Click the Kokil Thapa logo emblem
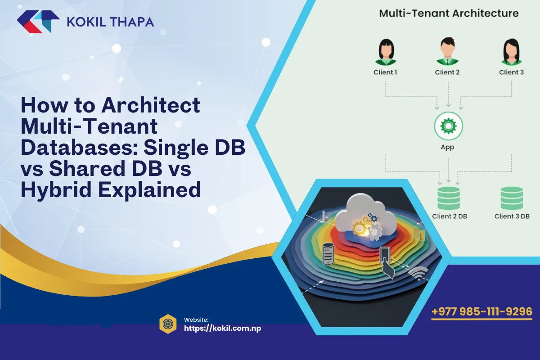point(38,22)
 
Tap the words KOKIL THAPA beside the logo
point(109,22)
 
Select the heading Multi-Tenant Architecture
point(449,13)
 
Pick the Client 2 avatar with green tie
point(447,52)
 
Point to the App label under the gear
point(447,147)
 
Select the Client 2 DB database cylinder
point(449,198)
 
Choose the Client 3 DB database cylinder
point(512,198)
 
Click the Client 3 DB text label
point(512,216)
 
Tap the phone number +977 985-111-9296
point(482,311)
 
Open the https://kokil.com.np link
point(223,328)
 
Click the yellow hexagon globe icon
point(168,324)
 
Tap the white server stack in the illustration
point(328,254)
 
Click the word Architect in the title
point(150,106)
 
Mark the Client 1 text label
point(385,72)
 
